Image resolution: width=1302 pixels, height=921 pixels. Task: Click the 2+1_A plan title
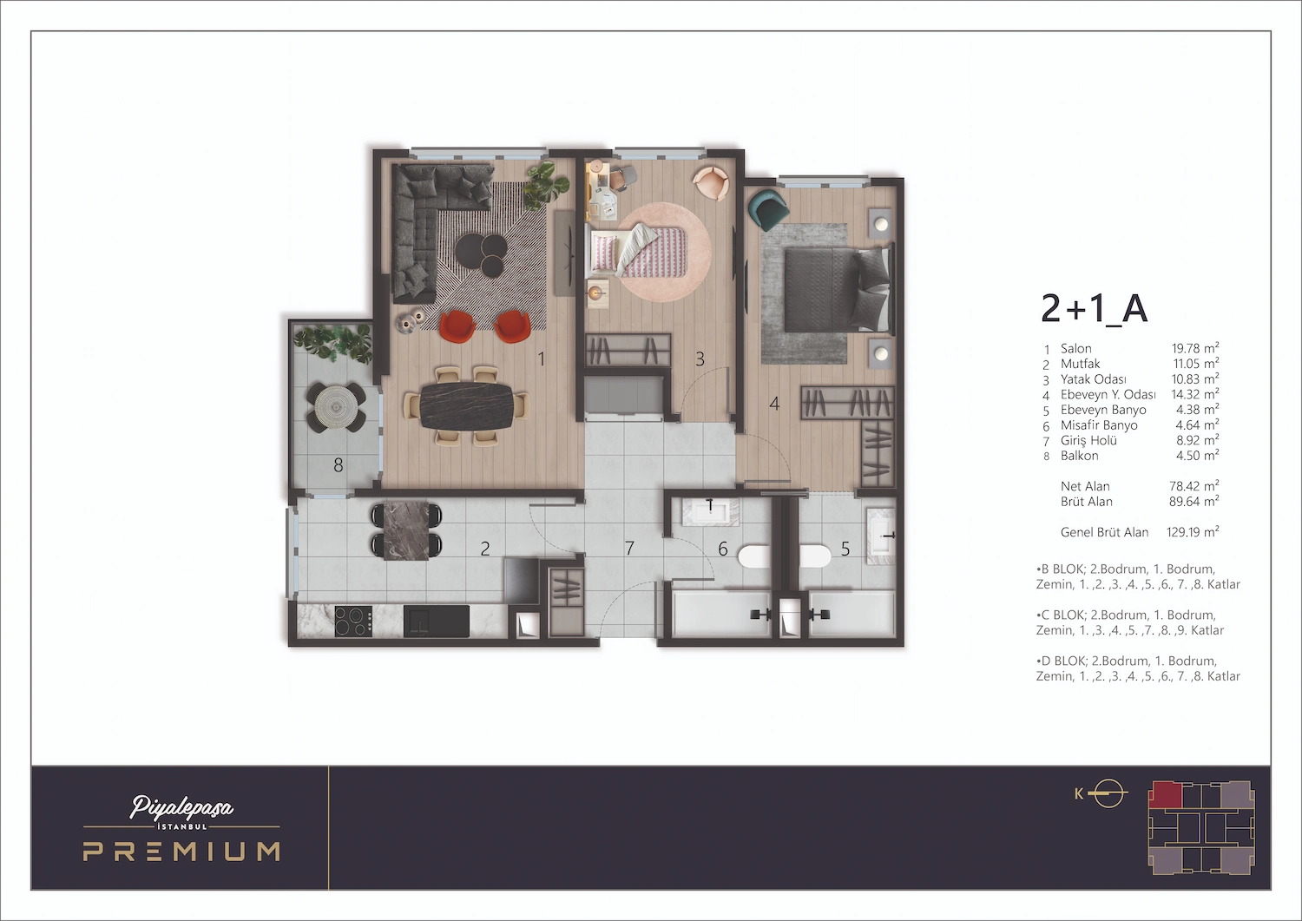tap(1094, 309)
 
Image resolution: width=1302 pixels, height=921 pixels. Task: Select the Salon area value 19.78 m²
tap(1194, 348)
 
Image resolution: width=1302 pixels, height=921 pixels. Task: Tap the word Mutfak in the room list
tap(1080, 364)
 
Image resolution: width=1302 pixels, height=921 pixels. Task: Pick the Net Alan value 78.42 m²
tap(1193, 486)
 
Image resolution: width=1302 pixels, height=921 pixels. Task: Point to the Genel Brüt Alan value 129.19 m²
tap(1192, 532)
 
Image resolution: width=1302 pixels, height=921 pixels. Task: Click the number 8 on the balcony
tap(339, 466)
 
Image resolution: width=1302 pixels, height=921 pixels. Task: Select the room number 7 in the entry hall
tap(629, 549)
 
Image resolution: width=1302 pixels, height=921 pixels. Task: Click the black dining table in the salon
tap(466, 405)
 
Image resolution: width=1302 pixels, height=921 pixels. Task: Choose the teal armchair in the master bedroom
tap(768, 209)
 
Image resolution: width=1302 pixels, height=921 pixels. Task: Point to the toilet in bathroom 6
tap(753, 556)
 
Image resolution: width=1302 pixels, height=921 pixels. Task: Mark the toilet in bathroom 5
tap(815, 556)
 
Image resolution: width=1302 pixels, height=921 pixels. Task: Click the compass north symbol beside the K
tap(1108, 793)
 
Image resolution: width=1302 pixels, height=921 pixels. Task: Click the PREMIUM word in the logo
tap(181, 852)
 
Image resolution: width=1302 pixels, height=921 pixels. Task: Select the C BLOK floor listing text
tap(1129, 622)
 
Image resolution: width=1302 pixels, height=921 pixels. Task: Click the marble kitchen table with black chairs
tap(406, 530)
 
